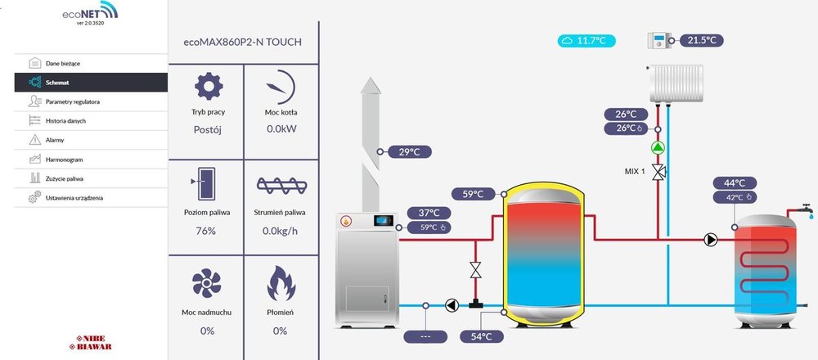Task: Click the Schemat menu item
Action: click(57, 82)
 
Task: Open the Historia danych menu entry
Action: click(65, 121)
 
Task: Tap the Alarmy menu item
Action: click(56, 140)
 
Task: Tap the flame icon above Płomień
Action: click(280, 283)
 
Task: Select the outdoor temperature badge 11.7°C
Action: click(587, 40)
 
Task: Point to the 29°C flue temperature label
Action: click(408, 151)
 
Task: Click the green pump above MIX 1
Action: click(658, 148)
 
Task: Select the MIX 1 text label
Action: click(635, 172)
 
